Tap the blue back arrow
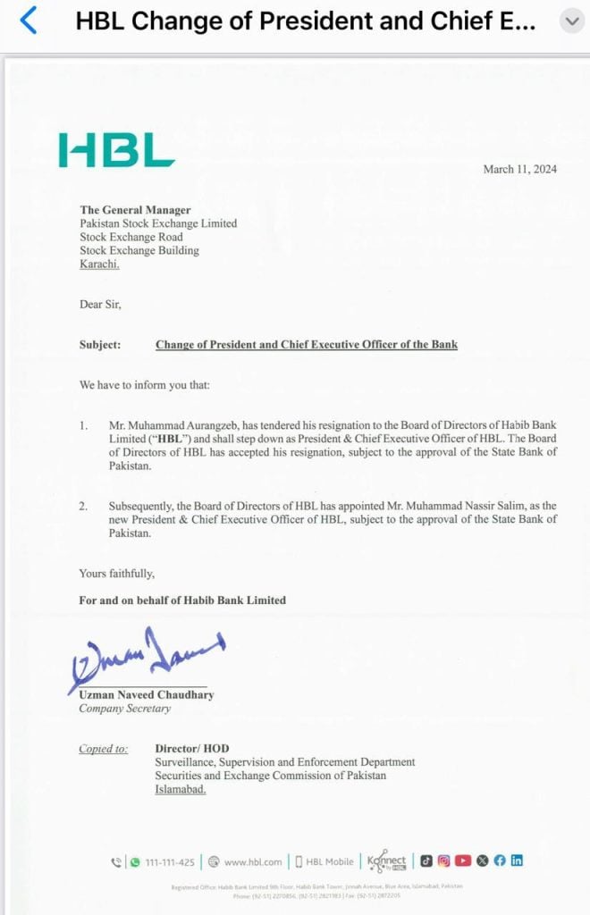click(29, 21)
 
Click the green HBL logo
click(116, 150)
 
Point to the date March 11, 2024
click(519, 170)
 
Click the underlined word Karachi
click(99, 264)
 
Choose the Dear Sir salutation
click(100, 305)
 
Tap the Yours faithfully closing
click(116, 574)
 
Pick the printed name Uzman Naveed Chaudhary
click(146, 694)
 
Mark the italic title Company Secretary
click(124, 709)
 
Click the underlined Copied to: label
click(103, 749)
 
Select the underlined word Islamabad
click(180, 790)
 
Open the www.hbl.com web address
click(252, 861)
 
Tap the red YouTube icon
click(462, 860)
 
